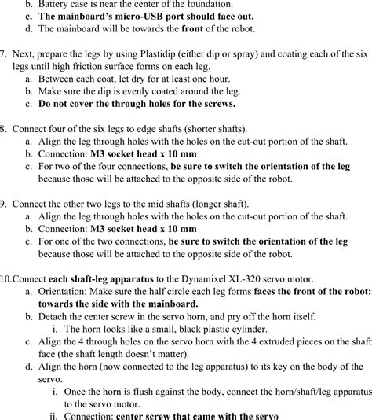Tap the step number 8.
click(4, 128)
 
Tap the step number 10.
click(6, 278)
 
